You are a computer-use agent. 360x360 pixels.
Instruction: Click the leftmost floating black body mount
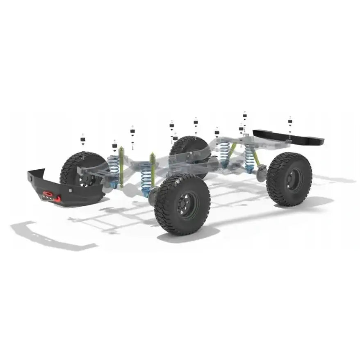coord(83,140)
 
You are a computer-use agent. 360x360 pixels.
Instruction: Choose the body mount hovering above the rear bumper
coord(290,121)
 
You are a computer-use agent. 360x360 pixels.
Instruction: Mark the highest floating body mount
coord(245,115)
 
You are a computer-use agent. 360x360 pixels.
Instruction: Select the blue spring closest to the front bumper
coord(114,169)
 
